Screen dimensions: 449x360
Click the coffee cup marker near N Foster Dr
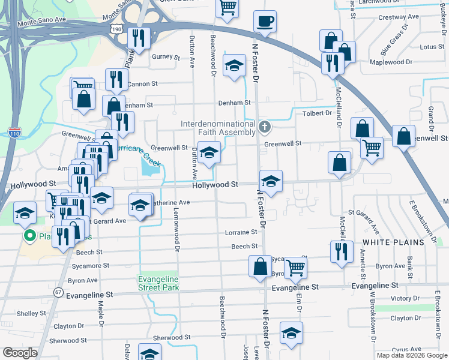click(x=265, y=23)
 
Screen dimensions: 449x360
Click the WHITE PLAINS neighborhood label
click(x=393, y=242)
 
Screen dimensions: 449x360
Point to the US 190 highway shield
click(x=117, y=28)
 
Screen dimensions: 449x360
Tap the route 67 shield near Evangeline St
click(x=58, y=292)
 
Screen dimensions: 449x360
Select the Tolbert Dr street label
click(x=318, y=113)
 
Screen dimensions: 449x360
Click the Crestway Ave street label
click(x=393, y=17)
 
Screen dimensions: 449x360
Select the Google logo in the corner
click(x=20, y=353)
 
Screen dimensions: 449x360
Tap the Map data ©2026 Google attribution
click(x=411, y=355)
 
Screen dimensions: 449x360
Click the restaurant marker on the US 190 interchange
click(x=139, y=38)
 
